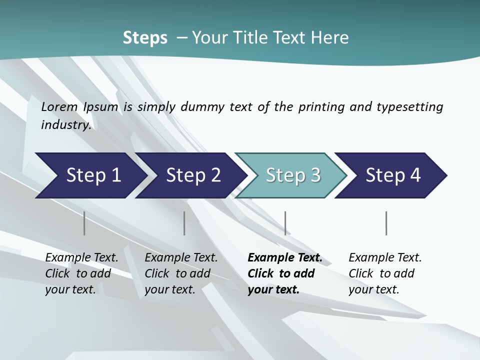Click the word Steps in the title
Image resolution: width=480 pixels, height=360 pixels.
pos(145,38)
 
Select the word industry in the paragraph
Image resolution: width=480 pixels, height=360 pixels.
pos(65,125)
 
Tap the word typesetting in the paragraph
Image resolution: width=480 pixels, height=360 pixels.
pos(409,107)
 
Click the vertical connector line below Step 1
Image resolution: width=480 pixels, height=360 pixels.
pos(84,223)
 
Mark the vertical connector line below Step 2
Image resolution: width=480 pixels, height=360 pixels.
pos(184,223)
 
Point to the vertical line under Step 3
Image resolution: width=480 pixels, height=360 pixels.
pos(285,223)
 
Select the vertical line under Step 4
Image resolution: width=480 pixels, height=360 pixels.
pos(386,223)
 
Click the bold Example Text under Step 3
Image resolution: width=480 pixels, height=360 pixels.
pos(285,258)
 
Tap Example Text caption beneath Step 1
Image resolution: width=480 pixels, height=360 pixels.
pos(81,258)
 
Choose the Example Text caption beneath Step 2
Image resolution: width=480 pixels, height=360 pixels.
pos(181,258)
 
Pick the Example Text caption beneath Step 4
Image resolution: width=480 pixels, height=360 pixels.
pos(385,258)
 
